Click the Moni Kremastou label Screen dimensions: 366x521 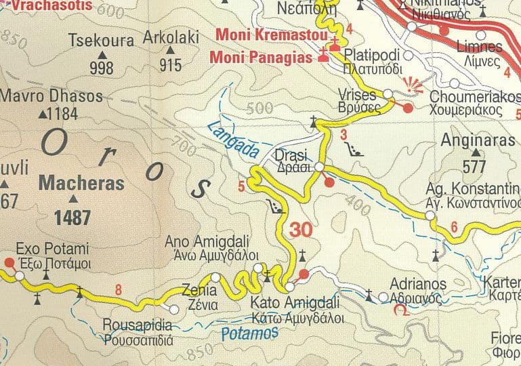[271, 34]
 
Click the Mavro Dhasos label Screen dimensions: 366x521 [51, 96]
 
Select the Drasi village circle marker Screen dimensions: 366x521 [319, 166]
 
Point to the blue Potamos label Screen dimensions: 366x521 [250, 333]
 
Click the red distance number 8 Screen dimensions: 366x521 [119, 291]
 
